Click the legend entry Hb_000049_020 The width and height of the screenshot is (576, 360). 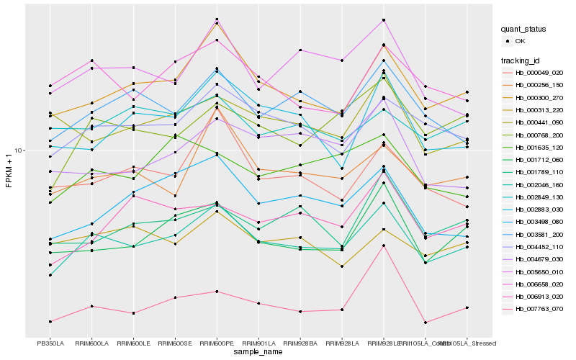[x=539, y=73]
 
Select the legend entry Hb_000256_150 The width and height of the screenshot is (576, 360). [x=539, y=85]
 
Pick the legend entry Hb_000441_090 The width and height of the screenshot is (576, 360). [x=539, y=122]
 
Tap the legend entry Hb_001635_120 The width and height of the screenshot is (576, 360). [x=539, y=148]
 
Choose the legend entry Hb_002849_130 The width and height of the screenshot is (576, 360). [x=539, y=197]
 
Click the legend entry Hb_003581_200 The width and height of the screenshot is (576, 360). [x=539, y=235]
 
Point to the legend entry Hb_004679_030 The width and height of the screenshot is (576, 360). [x=539, y=259]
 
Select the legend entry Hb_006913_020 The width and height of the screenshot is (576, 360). [x=539, y=297]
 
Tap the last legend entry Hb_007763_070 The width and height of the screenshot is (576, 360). [x=539, y=309]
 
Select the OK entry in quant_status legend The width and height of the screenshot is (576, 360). [x=521, y=42]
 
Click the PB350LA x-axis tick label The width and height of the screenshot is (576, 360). [x=50, y=343]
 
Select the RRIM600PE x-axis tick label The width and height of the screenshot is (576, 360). [x=217, y=343]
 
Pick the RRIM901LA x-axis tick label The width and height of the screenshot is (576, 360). [x=258, y=343]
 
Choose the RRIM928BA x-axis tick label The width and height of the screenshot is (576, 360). [x=300, y=343]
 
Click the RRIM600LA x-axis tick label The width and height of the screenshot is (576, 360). [x=91, y=343]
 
